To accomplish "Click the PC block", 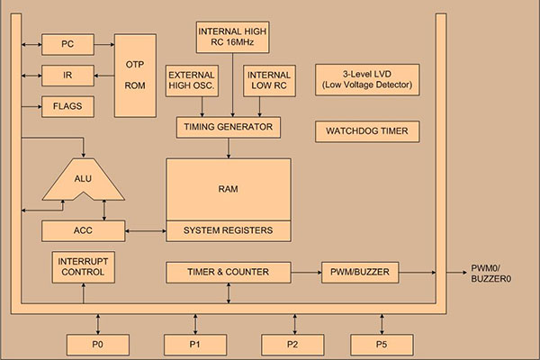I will (67, 43).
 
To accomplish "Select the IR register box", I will (67, 75).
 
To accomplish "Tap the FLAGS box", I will (67, 106).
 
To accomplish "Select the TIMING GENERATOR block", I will (228, 128).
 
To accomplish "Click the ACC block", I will (84, 231).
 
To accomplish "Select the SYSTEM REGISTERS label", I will (228, 231).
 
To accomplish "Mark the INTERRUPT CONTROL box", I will (84, 267).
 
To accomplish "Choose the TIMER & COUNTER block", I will (228, 272).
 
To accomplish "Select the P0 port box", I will (98, 344).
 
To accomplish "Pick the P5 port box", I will (382, 344).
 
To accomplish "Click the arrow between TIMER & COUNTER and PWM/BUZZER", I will (306, 272).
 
